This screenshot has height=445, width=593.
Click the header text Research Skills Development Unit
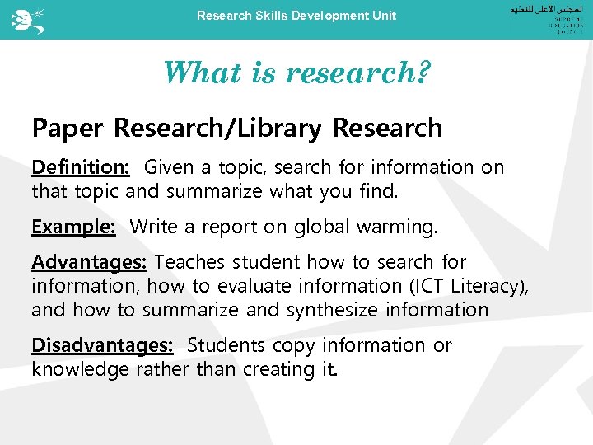pyautogui.click(x=296, y=16)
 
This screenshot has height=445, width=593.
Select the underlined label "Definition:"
pyautogui.click(x=81, y=167)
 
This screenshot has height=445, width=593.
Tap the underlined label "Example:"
pyautogui.click(x=73, y=226)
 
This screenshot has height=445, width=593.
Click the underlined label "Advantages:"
pyautogui.click(x=89, y=262)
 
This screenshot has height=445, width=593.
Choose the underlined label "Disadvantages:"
pyautogui.click(x=102, y=345)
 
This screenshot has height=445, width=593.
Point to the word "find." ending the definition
pyautogui.click(x=377, y=192)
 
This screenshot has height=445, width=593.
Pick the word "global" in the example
pyautogui.click(x=339, y=226)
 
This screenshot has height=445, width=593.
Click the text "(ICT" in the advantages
pyautogui.click(x=424, y=286)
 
